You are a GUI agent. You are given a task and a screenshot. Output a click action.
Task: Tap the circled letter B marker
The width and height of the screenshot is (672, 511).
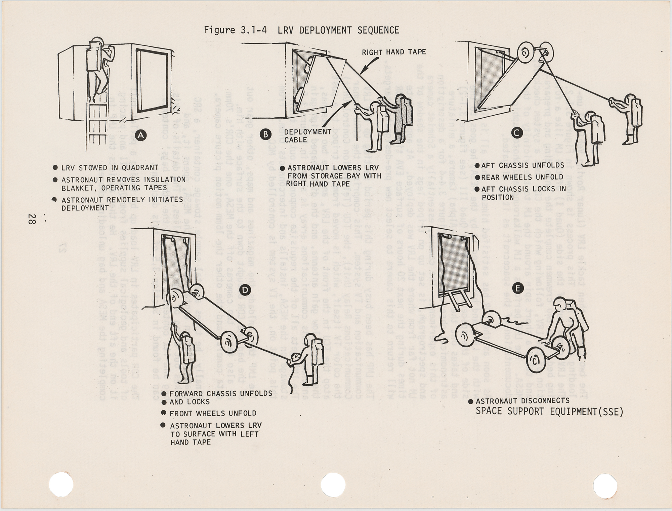click(265, 134)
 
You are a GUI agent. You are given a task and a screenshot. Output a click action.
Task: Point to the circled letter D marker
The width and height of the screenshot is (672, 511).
click(246, 290)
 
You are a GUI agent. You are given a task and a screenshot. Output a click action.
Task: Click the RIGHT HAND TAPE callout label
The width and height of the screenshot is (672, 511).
click(394, 52)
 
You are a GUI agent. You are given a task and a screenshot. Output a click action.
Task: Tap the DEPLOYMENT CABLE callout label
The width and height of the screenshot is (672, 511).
click(307, 135)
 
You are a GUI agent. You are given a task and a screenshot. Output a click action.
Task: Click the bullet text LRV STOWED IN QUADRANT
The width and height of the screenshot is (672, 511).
click(110, 168)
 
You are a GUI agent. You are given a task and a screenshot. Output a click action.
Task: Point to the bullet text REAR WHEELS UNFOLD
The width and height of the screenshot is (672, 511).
click(522, 177)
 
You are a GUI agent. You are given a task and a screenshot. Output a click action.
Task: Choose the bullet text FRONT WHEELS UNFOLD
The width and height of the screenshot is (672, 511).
click(213, 414)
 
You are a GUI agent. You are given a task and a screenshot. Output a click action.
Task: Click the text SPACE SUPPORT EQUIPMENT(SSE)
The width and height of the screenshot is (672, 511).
click(549, 411)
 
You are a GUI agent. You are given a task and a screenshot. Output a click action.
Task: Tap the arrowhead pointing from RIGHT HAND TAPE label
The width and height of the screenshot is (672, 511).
click(361, 72)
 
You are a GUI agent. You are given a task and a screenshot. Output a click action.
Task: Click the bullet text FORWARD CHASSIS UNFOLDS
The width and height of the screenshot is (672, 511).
click(221, 394)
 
